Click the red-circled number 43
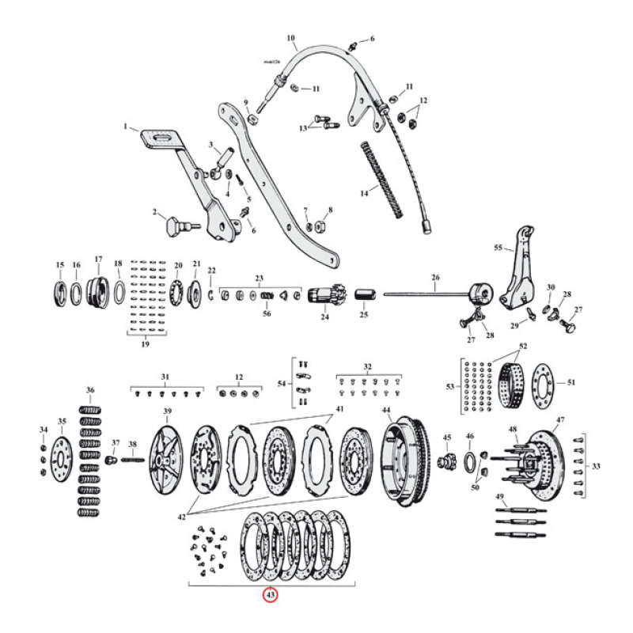click(x=271, y=596)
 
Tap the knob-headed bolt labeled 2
click(x=173, y=227)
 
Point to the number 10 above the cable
click(x=290, y=37)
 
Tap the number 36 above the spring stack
click(x=90, y=391)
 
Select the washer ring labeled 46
click(x=470, y=461)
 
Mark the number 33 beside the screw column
click(x=596, y=466)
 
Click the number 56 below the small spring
click(x=266, y=313)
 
